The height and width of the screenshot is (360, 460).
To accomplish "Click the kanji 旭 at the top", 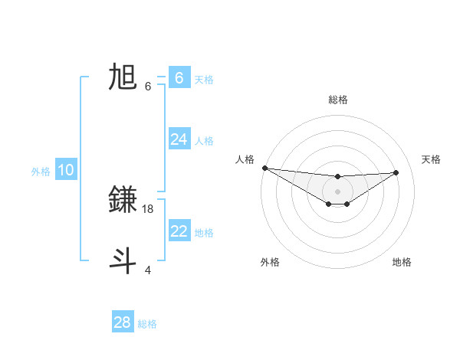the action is [x=123, y=77].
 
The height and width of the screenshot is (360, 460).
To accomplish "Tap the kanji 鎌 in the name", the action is [x=123, y=199].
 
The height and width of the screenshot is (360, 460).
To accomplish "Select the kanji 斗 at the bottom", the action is [x=123, y=260].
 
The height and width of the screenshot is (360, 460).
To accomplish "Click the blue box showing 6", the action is [x=179, y=78].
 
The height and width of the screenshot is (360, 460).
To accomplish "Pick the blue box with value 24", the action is [x=179, y=139].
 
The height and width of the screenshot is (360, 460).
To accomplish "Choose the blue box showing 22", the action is [x=179, y=231].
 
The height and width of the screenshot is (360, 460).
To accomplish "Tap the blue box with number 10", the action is [x=65, y=170].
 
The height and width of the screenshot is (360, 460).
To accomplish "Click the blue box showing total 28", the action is [x=123, y=322].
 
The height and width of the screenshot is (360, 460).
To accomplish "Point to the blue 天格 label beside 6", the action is [x=204, y=79].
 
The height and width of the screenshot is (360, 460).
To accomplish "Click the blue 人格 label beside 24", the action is [x=204, y=140].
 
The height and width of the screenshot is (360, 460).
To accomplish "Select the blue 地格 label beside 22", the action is [x=204, y=232].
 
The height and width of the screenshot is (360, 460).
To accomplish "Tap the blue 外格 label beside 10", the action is [x=41, y=172].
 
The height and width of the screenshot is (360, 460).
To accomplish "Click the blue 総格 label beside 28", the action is [x=147, y=323].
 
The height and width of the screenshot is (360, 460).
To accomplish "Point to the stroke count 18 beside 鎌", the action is [x=149, y=208].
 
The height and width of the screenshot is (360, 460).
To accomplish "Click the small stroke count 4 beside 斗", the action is [x=147, y=269].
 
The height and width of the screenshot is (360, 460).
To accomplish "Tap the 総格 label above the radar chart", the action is [x=337, y=100].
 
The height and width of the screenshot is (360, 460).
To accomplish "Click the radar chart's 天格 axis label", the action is [x=431, y=159].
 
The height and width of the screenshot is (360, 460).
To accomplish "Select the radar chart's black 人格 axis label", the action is [x=245, y=159].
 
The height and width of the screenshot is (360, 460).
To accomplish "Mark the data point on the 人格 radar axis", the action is [x=264, y=168].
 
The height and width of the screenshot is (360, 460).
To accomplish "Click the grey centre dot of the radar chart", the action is [x=337, y=191].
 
